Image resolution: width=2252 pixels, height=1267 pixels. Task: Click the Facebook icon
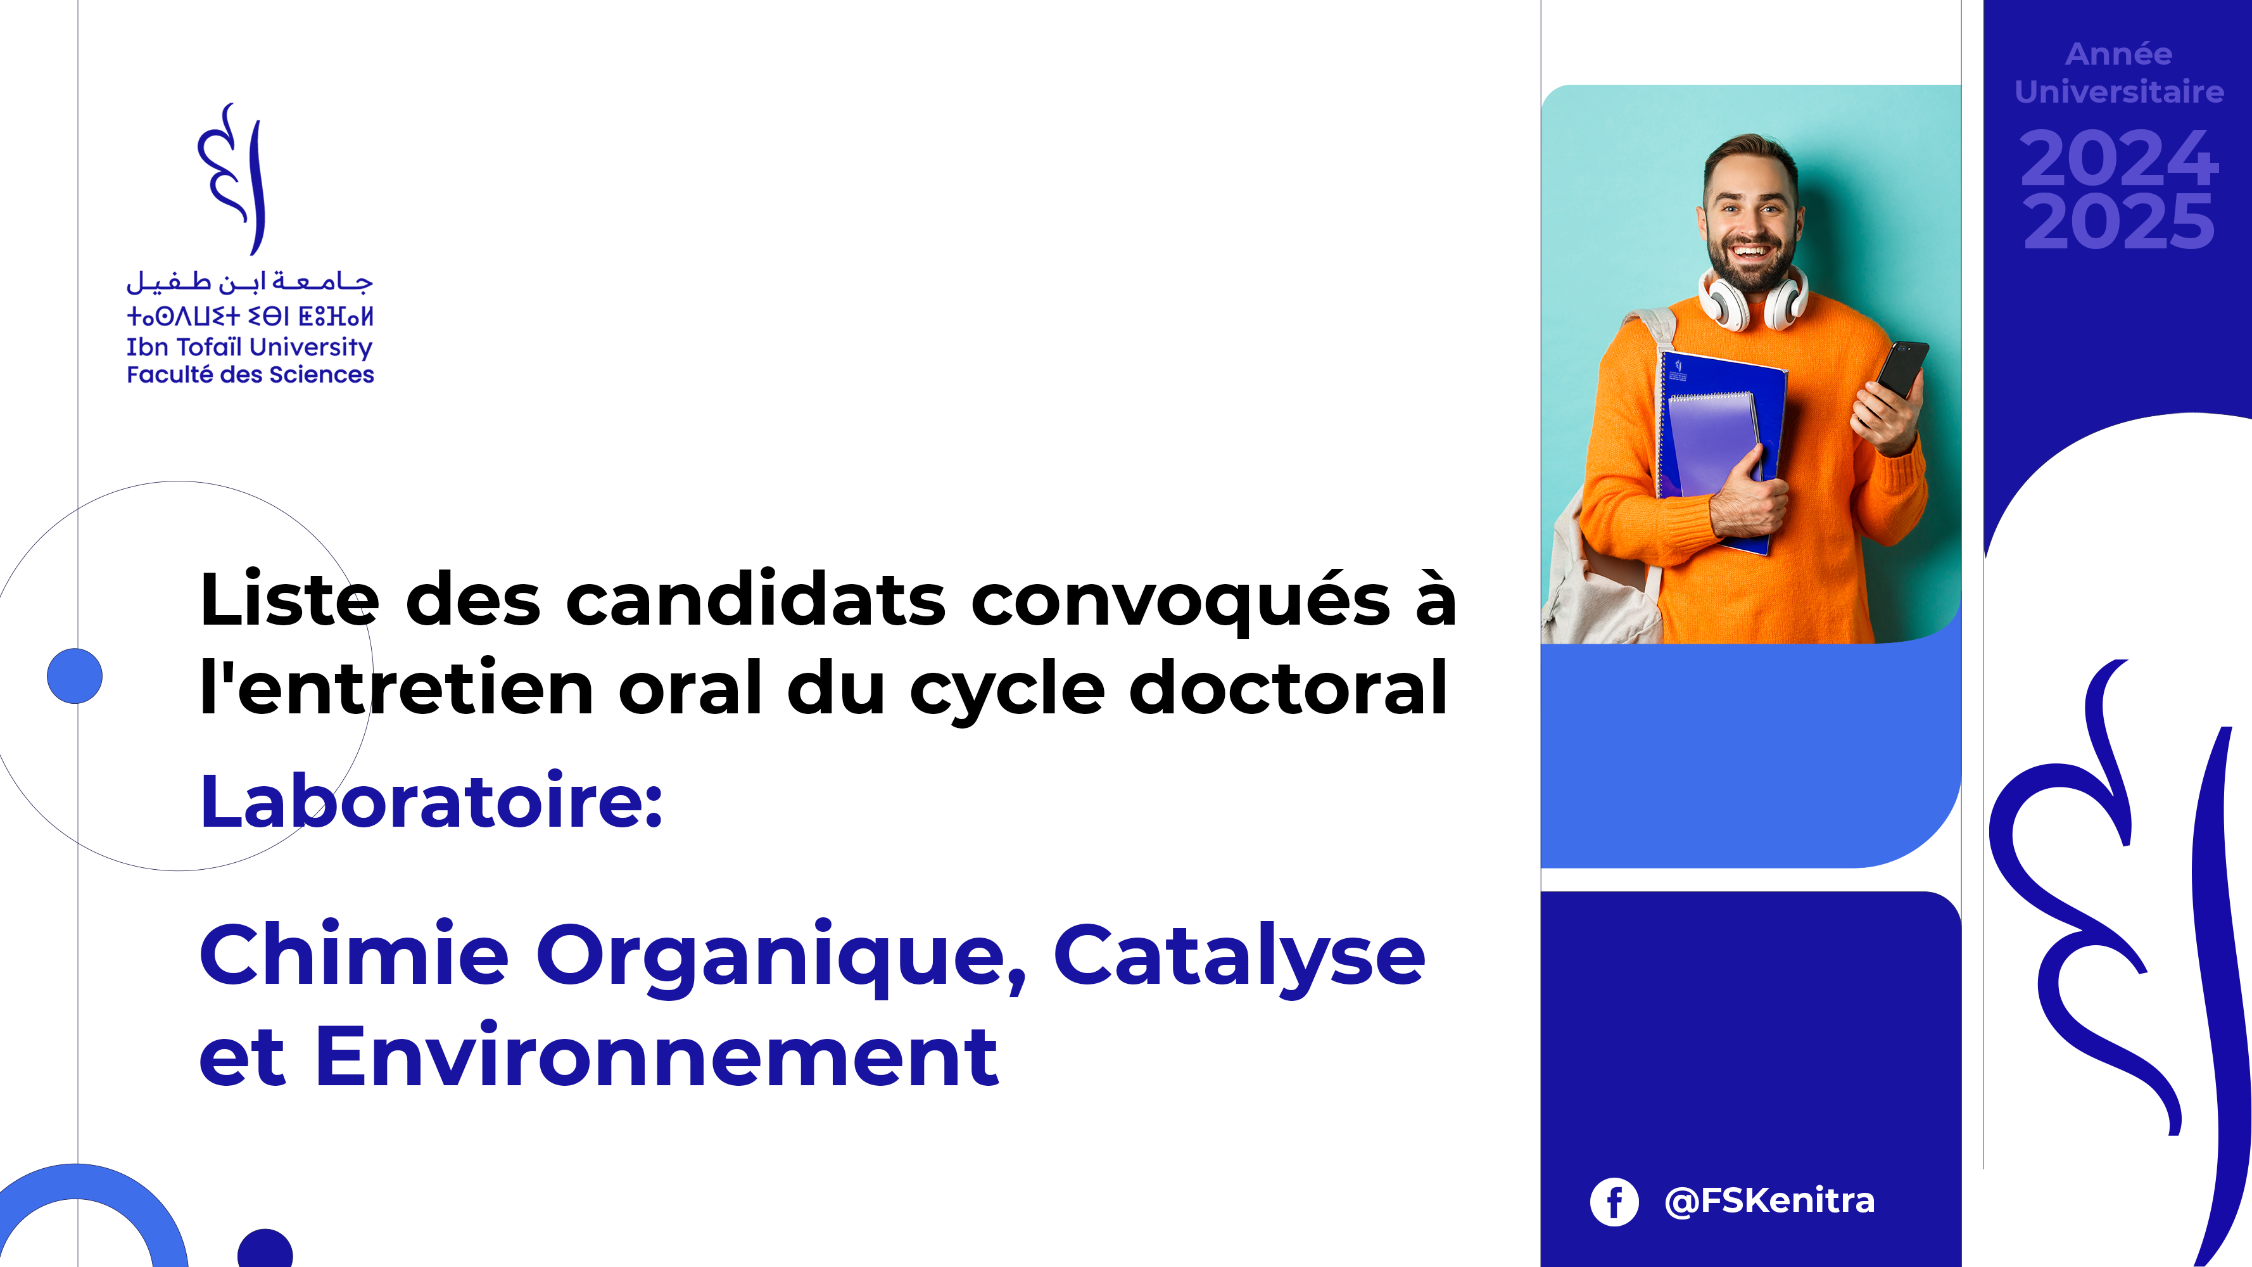click(1614, 1201)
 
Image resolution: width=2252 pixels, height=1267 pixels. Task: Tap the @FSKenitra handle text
click(1769, 1200)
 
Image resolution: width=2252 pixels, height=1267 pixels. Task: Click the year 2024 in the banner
click(2119, 158)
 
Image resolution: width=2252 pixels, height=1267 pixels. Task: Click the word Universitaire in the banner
click(2119, 92)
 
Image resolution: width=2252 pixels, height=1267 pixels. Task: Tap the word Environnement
click(655, 1057)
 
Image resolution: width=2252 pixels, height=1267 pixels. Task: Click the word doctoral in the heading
click(1287, 687)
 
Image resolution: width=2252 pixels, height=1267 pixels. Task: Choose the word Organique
click(781, 959)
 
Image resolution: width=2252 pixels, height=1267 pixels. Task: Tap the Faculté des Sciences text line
click(250, 374)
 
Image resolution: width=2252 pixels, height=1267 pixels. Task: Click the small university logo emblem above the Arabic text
click(232, 179)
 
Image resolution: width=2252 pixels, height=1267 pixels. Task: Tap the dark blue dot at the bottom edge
click(265, 1249)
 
